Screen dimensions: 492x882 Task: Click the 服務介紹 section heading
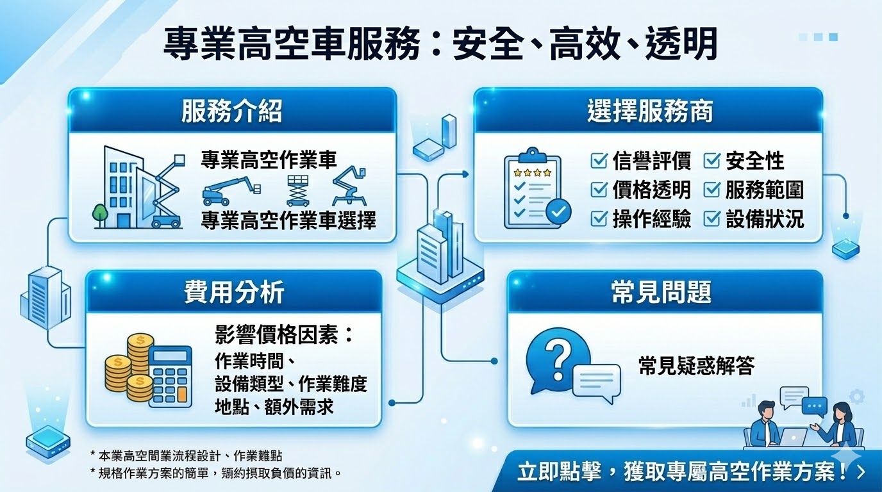pos(231,111)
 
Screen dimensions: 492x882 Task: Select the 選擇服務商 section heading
pos(649,111)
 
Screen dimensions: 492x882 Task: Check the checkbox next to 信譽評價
pos(599,161)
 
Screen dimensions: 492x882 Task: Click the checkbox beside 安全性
pos(711,161)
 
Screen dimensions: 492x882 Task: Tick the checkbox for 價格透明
pos(599,190)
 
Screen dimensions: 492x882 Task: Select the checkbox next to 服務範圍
pos(711,190)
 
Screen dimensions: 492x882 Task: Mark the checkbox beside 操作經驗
pos(599,219)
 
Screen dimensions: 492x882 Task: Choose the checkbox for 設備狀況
pos(711,219)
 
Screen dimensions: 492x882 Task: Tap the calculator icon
pos(171,377)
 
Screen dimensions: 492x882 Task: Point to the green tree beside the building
pos(99,214)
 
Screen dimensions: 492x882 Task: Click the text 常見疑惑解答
pos(696,366)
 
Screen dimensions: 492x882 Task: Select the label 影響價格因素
pos(285,335)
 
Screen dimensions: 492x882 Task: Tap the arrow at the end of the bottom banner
pos(860,473)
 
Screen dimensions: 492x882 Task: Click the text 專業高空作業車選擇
pos(288,220)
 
